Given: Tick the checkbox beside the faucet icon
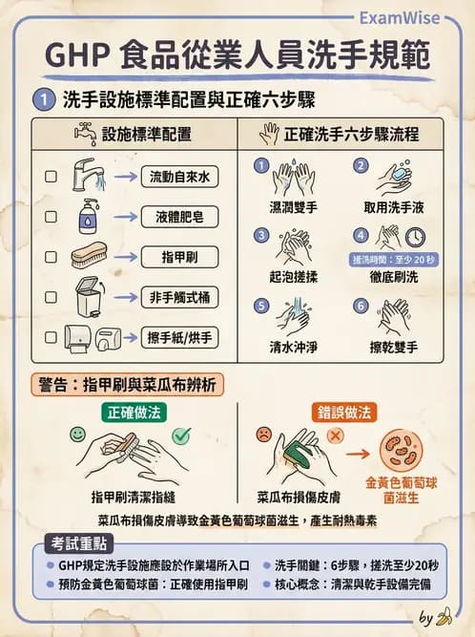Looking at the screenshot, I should click(51, 178).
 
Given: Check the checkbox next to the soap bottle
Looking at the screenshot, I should click(51, 217).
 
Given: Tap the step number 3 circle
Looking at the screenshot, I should click(261, 235).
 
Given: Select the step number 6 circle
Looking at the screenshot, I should click(361, 306).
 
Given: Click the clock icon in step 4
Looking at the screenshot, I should click(415, 237).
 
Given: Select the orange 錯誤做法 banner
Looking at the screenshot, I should click(343, 412).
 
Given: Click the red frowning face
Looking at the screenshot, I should click(259, 435).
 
